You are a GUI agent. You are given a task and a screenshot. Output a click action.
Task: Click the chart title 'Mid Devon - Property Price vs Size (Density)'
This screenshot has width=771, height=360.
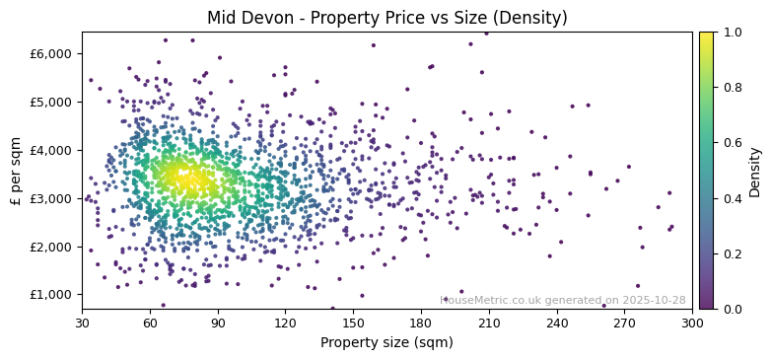[386, 18]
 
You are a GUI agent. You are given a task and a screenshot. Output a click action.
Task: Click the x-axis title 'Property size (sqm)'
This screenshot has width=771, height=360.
[386, 343]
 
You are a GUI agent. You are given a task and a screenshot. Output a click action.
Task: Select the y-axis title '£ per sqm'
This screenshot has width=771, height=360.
[17, 171]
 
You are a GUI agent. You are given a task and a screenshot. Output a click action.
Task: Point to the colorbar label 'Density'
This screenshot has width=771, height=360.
[755, 172]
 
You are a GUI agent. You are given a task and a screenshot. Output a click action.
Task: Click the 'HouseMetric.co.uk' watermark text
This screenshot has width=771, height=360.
[490, 301]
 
